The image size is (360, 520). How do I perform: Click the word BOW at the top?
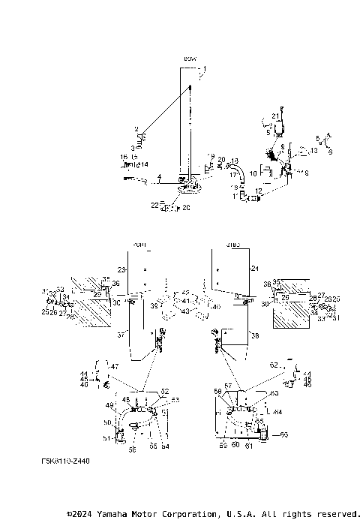coord(189,59)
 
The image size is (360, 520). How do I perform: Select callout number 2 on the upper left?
coord(136,129)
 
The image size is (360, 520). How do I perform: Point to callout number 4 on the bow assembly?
coord(159,177)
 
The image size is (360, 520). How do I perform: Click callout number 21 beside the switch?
coord(275,116)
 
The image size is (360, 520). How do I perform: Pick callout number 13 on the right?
coord(314,151)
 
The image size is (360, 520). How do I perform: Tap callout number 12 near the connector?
coord(259,191)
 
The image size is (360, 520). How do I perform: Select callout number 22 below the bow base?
coord(154,204)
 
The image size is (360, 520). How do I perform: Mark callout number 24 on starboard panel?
coord(253,268)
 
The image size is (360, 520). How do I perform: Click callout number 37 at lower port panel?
coord(121,335)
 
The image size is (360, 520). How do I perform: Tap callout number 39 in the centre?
coord(153,306)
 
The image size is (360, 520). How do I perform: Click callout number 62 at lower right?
coord(274,364)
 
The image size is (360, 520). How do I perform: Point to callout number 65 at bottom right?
coord(283,434)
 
